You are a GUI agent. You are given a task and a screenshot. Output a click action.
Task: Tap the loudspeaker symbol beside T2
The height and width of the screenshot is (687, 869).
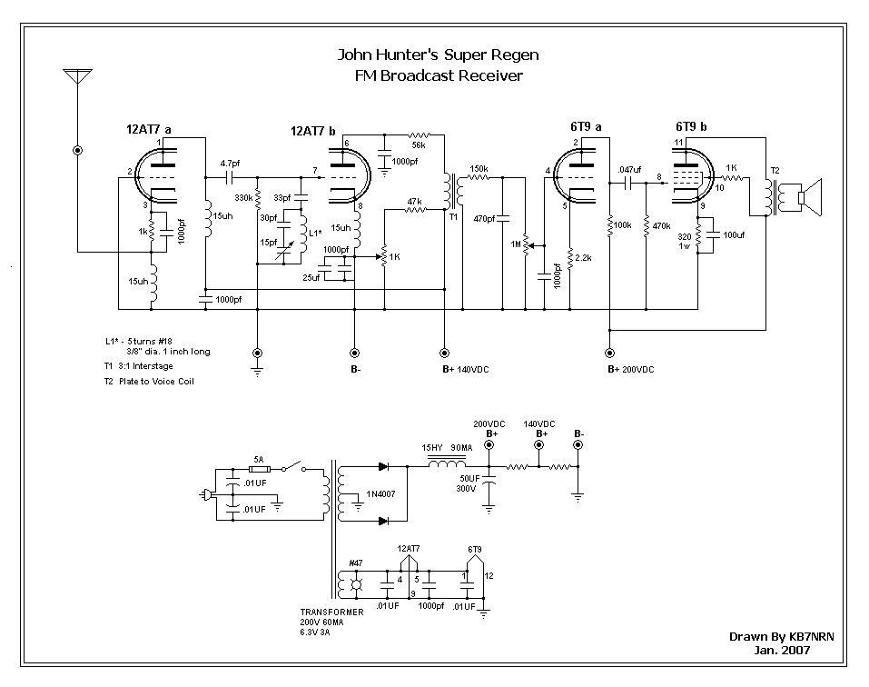coord(806,197)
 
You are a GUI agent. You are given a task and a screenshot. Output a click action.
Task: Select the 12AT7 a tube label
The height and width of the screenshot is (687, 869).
coord(149,130)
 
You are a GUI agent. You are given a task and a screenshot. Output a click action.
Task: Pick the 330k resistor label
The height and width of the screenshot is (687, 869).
coord(243,197)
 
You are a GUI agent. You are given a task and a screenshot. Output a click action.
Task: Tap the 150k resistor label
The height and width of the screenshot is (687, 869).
coord(479,169)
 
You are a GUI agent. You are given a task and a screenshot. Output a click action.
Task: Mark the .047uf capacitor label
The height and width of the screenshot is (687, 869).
coord(627,170)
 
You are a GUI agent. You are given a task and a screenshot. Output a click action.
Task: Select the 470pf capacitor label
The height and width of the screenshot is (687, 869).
coord(484,218)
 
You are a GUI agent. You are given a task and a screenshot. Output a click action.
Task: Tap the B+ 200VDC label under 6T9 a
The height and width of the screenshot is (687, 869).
coord(631,370)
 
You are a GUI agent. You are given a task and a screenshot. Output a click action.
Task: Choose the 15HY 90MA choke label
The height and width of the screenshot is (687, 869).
coord(446,448)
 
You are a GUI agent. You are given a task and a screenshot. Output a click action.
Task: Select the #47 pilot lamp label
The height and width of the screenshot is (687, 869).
coord(358,563)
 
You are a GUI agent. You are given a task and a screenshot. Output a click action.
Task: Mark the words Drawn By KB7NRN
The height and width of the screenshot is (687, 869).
coord(780,637)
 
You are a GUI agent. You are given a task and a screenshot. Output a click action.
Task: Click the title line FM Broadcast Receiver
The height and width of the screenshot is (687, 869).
coord(439,75)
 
